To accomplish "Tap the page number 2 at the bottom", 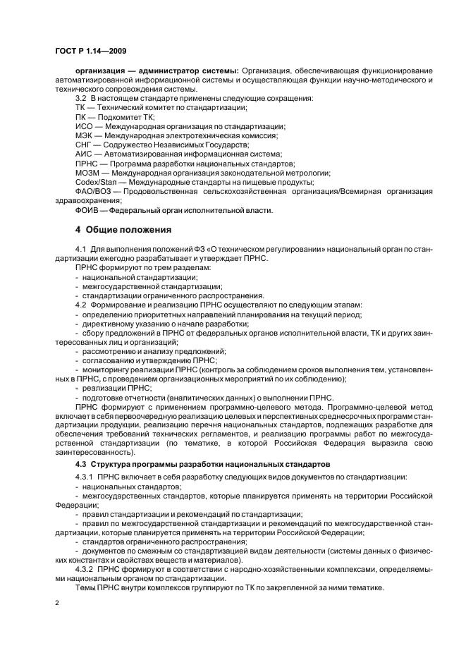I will pyautogui.click(x=56, y=604).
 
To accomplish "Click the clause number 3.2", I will pyautogui.click(x=80, y=97).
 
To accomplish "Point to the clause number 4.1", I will pyautogui.click(x=80, y=250).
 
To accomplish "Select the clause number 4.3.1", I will pyautogui.click(x=84, y=477).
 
